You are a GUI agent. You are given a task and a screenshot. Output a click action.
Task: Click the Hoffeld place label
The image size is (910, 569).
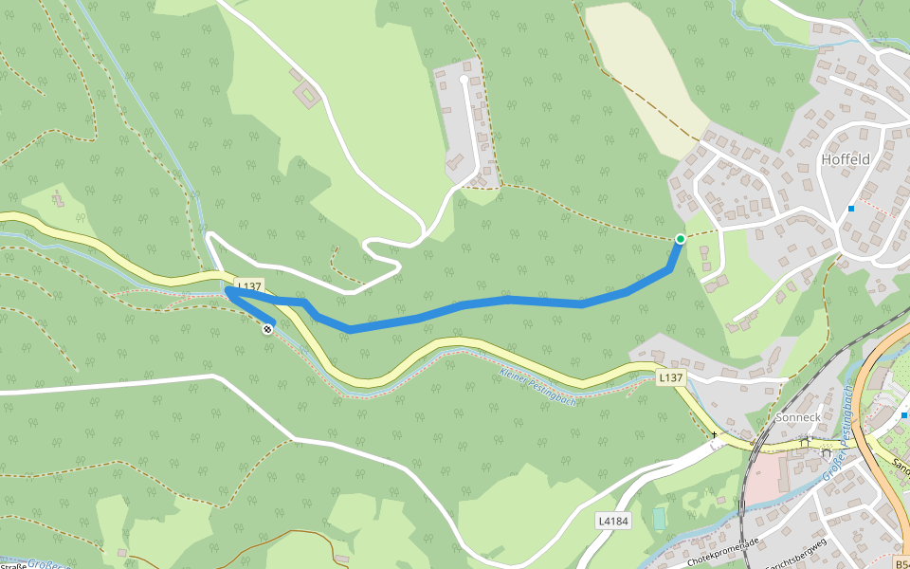[x=846, y=159]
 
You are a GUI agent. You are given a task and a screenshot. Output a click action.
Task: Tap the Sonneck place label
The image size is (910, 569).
[x=797, y=416]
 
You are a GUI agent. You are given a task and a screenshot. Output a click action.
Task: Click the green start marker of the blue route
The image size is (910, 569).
[x=681, y=238]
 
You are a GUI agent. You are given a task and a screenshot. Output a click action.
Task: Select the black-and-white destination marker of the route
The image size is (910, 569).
[x=267, y=329]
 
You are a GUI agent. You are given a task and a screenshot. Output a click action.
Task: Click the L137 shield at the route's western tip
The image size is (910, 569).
[x=249, y=285]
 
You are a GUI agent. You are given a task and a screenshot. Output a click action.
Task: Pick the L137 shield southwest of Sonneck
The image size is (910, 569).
[x=670, y=377]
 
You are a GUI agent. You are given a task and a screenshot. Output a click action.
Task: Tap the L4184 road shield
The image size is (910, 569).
[x=613, y=522]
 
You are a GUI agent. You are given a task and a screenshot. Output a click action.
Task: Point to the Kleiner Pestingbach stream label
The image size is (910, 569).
[x=537, y=386]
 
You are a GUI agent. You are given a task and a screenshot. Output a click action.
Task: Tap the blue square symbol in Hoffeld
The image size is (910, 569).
[x=851, y=209]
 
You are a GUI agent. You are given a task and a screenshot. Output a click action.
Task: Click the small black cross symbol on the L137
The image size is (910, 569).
[x=715, y=434]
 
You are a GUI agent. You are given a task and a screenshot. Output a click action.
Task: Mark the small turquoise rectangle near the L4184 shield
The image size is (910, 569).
[x=659, y=519]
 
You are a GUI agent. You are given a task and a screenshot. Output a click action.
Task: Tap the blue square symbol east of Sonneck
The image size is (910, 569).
[x=904, y=414]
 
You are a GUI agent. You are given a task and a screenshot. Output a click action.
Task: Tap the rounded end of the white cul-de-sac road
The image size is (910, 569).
[x=464, y=81]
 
